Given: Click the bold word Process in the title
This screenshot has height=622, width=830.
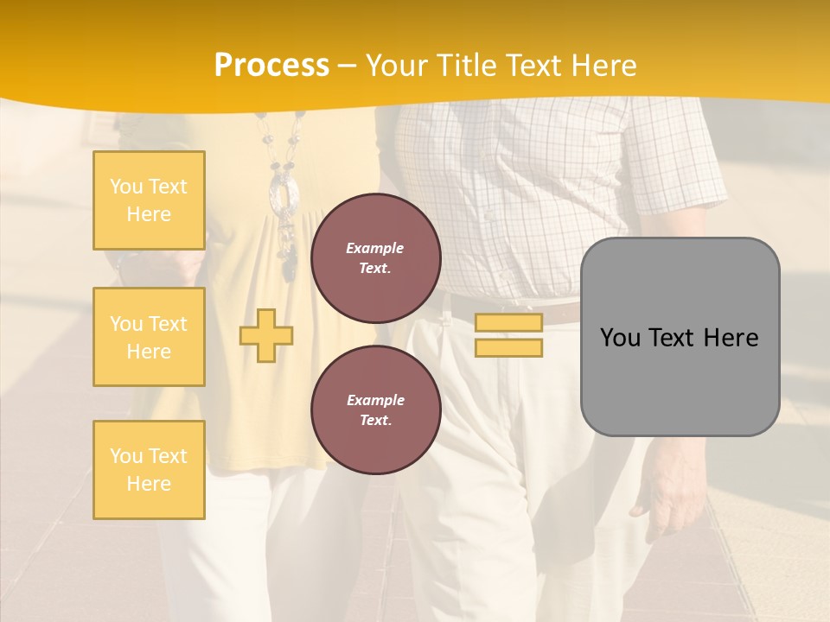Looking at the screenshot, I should click(271, 66).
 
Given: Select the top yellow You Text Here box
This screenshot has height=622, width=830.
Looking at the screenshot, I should click(149, 200).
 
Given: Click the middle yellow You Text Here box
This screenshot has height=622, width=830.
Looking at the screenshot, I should click(149, 337).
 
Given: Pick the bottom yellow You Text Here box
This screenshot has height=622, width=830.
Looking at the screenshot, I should click(149, 470).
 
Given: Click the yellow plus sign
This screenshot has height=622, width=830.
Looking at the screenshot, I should click(266, 334).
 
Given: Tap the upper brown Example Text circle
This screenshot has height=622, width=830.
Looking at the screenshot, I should click(375, 258).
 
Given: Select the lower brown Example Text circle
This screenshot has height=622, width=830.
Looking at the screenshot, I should click(375, 410).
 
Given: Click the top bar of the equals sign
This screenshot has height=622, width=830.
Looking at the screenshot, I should click(508, 323).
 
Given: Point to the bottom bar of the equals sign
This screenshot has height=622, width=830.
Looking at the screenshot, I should click(508, 347).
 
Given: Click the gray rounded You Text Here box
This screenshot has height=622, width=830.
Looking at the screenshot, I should click(680, 337).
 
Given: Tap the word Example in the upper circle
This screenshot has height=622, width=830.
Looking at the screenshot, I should click(375, 248).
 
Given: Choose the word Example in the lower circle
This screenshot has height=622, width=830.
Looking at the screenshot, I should click(375, 400).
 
